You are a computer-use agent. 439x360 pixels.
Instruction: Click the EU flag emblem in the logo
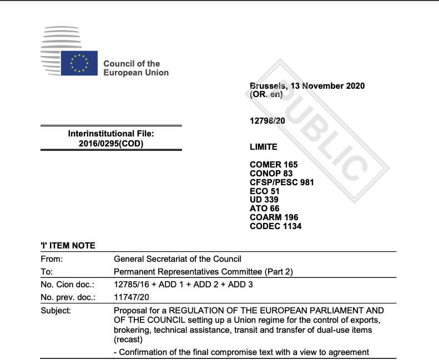pos(79,63)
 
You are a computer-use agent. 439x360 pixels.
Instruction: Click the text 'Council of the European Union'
pos(136,68)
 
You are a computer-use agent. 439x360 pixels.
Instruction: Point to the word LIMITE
pos(264,147)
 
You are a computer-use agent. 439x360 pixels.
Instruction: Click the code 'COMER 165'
pos(274,165)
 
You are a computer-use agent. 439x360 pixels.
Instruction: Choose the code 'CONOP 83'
pos(271,174)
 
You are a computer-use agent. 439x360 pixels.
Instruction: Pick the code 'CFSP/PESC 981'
pos(282,182)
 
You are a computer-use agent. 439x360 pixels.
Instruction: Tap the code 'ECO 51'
pos(265,191)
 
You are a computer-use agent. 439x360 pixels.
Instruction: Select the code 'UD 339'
pos(264,200)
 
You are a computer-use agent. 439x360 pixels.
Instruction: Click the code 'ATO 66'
pos(265,209)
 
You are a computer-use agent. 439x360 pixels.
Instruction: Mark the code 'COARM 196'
pos(274,217)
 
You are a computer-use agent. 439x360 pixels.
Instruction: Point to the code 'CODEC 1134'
pos(276,226)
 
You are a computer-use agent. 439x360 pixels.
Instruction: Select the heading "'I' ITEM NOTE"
pos(68,246)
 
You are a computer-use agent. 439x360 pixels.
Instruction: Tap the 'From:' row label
pos(52,258)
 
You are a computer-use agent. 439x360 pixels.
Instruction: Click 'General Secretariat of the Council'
pos(178,258)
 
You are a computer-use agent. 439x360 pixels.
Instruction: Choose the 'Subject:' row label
pos(56,311)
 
